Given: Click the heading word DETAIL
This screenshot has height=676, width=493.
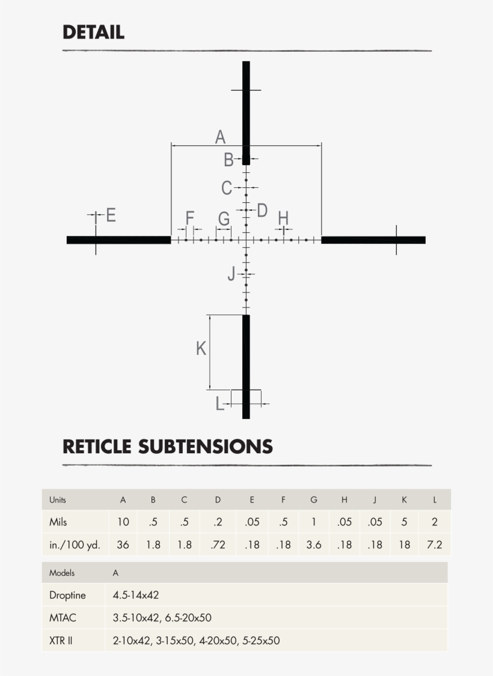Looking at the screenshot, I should pos(93,32).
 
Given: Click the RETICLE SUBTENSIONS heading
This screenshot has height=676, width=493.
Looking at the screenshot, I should pos(168,447).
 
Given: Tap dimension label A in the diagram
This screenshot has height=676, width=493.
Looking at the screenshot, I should pos(220,137).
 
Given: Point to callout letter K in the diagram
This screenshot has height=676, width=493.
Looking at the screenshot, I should pos(201,348).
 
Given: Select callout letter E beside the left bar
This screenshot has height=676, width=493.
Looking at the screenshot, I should pos(111,215).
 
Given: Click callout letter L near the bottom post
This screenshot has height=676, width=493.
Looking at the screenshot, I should pos(219,404).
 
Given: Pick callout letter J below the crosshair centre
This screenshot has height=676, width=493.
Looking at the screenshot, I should pos(231,274).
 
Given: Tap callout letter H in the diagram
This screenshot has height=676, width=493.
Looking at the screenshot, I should pos(283,217).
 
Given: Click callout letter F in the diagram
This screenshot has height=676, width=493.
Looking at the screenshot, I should pos(190,217).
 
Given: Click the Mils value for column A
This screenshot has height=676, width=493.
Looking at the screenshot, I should pos(123,522).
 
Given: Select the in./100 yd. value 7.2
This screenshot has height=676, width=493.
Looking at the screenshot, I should pos(435,545).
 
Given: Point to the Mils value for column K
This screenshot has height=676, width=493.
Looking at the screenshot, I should pos(404,522).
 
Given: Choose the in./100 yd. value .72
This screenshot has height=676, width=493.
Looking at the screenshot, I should pos(218,545).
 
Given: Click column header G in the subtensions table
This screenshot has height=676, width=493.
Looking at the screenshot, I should pos(314,499).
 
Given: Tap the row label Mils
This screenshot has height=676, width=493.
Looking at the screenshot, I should pos(58,522).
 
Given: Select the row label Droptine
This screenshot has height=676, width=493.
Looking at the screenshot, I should pos(67,596).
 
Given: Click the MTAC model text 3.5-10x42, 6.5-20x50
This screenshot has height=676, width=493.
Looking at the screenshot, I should pos(162,618).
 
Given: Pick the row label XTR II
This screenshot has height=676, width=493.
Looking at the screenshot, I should pos(61,641).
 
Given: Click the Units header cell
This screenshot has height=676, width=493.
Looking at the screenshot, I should pos(58,499).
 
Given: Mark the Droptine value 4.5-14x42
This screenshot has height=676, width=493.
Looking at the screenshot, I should pos(136,596).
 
